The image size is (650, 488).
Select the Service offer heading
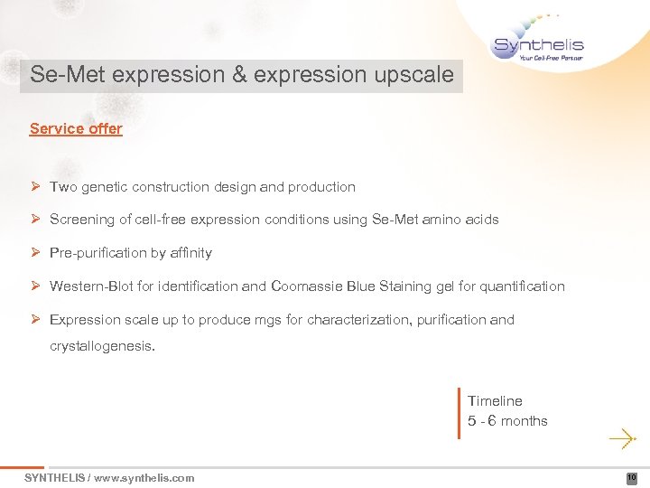(x=76, y=128)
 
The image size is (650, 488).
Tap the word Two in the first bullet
(x=63, y=187)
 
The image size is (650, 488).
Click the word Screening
(x=82, y=220)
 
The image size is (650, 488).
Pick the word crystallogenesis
(x=102, y=344)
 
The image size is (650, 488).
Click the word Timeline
(x=495, y=400)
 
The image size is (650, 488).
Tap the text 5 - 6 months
(x=507, y=421)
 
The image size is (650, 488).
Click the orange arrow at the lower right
(x=622, y=440)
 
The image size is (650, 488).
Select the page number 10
(x=632, y=478)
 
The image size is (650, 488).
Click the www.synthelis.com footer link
(x=144, y=478)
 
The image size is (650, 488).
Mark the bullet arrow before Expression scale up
(x=35, y=320)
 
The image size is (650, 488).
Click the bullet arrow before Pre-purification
(x=35, y=253)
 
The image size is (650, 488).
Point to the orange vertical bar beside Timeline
(x=460, y=413)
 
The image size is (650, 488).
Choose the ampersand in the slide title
(x=239, y=75)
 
